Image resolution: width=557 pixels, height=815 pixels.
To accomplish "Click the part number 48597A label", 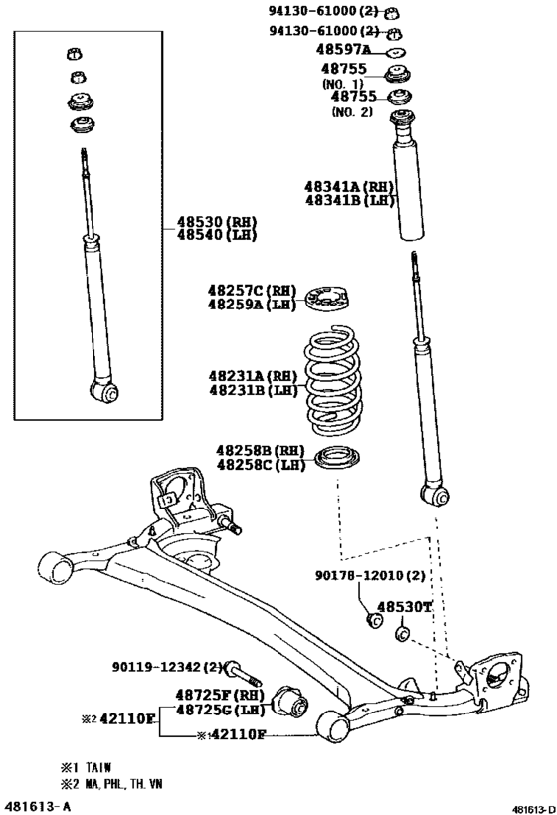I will pyautogui.click(x=343, y=50).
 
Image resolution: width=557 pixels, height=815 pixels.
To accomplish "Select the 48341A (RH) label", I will pyautogui.click(x=349, y=186).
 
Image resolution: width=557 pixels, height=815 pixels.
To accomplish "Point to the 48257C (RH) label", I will pyautogui.click(x=252, y=290).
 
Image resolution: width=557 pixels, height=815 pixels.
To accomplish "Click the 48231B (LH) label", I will pyautogui.click(x=252, y=391).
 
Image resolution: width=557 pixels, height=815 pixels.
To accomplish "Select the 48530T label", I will pyautogui.click(x=402, y=605).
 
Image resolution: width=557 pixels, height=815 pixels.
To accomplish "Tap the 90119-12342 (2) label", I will pyautogui.click(x=157, y=666).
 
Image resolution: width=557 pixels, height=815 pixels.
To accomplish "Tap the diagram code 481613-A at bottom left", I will pyautogui.click(x=38, y=803).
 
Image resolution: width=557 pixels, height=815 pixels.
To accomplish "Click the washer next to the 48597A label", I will pyautogui.click(x=394, y=50).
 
